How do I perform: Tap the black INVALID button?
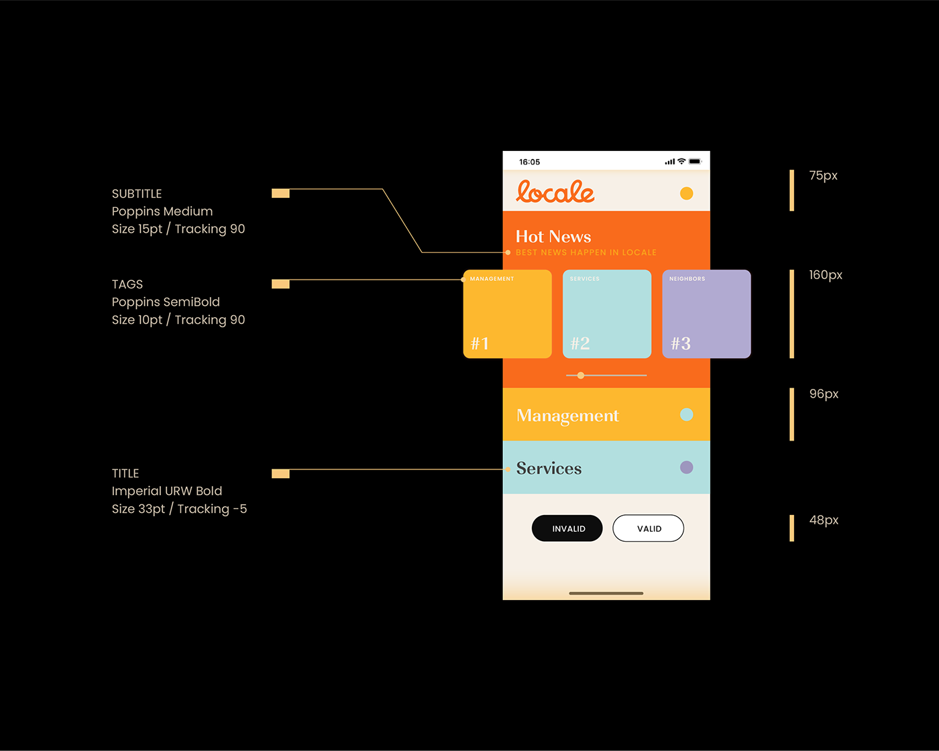[x=567, y=528]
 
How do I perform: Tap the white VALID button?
[x=649, y=528]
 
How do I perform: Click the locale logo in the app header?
[x=555, y=192]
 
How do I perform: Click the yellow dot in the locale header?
[x=686, y=193]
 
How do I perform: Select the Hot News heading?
[x=553, y=237]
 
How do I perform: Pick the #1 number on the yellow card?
[x=480, y=343]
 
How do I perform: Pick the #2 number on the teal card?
[x=580, y=343]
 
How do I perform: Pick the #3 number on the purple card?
[x=681, y=343]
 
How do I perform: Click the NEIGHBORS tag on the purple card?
[x=687, y=279]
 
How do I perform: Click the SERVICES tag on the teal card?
[x=585, y=279]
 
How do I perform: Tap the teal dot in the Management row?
[x=686, y=414]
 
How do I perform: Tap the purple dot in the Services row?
[x=686, y=467]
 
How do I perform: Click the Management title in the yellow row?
[x=567, y=416]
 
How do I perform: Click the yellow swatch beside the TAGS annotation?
[x=280, y=284]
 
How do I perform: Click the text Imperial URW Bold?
[x=167, y=491]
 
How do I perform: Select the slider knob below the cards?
[x=581, y=375]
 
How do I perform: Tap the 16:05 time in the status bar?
[x=529, y=162]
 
